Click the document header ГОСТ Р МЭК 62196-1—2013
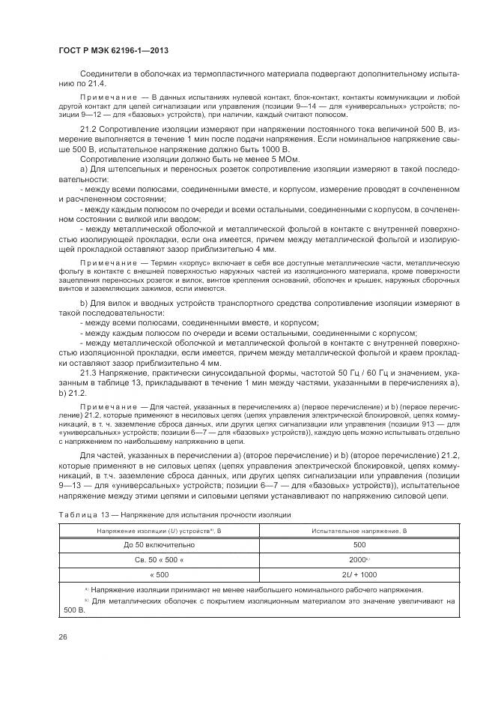coord(112,50)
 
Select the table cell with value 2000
coord(359,559)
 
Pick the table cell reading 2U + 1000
coord(359,574)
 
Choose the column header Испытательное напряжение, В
coord(359,530)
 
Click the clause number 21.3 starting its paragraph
coord(88,372)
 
